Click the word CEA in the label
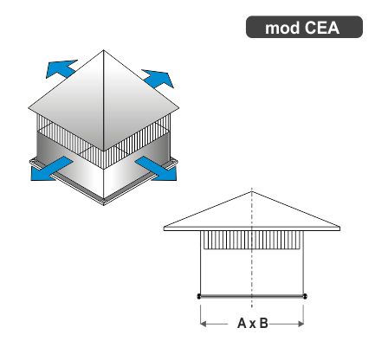click(x=322, y=28)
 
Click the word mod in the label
click(x=282, y=28)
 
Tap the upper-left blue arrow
click(x=61, y=68)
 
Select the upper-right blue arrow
click(x=158, y=78)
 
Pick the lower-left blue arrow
click(x=51, y=170)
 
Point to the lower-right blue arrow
click(x=157, y=169)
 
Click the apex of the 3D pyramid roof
click(x=104, y=50)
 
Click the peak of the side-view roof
click(x=252, y=191)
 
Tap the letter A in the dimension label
click(x=242, y=324)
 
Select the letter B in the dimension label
click(x=263, y=324)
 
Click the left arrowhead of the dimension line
click(x=204, y=324)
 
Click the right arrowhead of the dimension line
click(x=301, y=324)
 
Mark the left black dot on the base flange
click(x=199, y=296)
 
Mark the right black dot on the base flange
click(x=305, y=296)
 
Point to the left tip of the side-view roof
click(x=164, y=228)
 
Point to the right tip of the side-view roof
click(x=339, y=228)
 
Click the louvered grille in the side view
click(x=252, y=240)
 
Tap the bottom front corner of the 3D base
click(x=104, y=203)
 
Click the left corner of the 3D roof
click(x=29, y=108)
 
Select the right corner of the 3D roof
click(x=179, y=108)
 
